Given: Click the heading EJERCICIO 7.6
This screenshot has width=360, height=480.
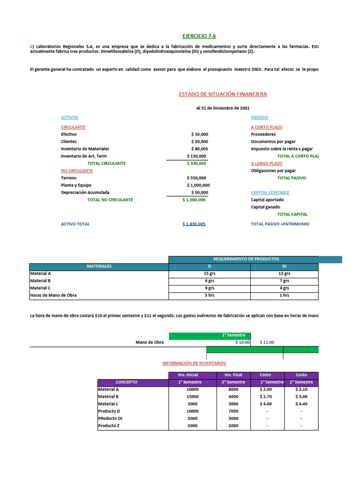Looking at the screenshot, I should pyautogui.click(x=199, y=36).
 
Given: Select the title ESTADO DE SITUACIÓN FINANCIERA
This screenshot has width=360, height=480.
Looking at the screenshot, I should pyautogui.click(x=223, y=94).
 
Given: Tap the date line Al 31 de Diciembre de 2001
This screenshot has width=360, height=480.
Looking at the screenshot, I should pyautogui.click(x=223, y=108).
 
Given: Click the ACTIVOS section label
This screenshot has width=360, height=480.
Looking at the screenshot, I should pyautogui.click(x=69, y=118).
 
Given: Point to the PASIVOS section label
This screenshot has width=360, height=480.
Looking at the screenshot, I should pyautogui.click(x=260, y=118).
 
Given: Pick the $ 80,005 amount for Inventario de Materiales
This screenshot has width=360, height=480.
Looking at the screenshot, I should pyautogui.click(x=199, y=149).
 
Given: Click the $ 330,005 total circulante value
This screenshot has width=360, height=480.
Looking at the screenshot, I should pyautogui.click(x=196, y=164).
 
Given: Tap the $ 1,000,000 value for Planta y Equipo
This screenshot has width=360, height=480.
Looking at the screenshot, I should pyautogui.click(x=196, y=185).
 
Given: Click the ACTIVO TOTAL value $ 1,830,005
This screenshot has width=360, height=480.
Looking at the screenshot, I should pyautogui.click(x=194, y=224).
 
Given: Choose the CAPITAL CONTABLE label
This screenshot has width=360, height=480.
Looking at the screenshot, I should pyautogui.click(x=270, y=193).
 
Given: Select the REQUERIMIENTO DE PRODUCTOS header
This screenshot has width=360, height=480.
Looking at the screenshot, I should pyautogui.click(x=246, y=259).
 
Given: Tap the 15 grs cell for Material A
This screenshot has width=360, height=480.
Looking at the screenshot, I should pyautogui.click(x=210, y=273).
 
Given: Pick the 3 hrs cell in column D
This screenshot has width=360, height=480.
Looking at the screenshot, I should pyautogui.click(x=210, y=295).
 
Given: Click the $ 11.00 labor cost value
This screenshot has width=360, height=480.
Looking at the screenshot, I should pyautogui.click(x=267, y=342).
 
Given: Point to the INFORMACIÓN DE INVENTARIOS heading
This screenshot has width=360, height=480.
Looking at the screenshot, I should pyautogui.click(x=194, y=363).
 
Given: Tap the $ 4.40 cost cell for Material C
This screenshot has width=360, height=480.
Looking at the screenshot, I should pyautogui.click(x=301, y=404).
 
